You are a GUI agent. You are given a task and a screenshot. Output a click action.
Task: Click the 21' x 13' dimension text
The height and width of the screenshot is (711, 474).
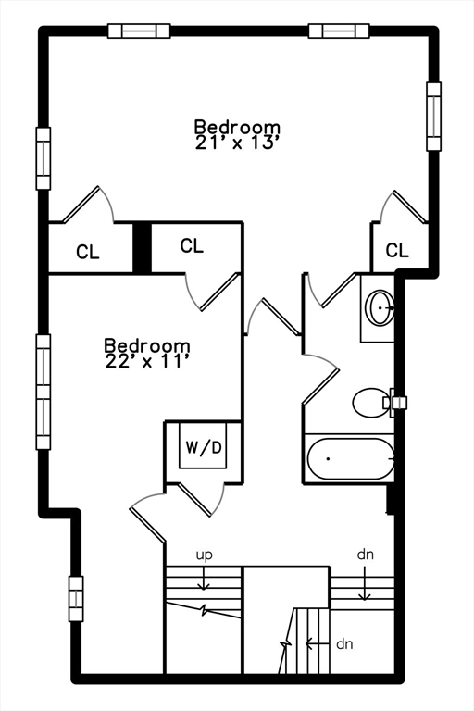click(x=236, y=143)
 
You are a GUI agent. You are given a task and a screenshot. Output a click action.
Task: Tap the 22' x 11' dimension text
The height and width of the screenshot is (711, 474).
click(x=146, y=361)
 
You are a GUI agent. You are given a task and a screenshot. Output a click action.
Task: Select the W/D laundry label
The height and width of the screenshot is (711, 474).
click(x=203, y=447)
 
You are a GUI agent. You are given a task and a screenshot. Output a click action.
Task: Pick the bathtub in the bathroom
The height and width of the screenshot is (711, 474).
click(x=349, y=459)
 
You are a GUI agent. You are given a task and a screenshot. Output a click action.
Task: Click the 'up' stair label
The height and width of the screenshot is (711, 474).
click(x=204, y=555)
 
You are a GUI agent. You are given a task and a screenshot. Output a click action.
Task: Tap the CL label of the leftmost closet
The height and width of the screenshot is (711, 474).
click(x=88, y=252)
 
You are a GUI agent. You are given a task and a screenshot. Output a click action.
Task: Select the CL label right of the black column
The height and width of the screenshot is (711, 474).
click(x=192, y=245)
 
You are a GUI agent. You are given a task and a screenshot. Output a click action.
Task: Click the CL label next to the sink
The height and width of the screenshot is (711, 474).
click(x=397, y=250)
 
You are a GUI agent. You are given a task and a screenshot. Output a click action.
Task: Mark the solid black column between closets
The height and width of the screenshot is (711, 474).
click(x=142, y=248)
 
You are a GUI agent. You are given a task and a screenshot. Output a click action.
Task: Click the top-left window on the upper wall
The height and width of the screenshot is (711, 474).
click(x=139, y=31)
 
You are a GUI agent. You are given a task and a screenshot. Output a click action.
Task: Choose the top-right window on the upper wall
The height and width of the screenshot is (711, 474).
click(x=339, y=31)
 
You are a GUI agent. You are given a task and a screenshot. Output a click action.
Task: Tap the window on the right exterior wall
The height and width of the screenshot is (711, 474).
click(x=433, y=117)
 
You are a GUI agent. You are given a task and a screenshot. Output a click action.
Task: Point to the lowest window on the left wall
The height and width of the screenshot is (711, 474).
click(x=76, y=599)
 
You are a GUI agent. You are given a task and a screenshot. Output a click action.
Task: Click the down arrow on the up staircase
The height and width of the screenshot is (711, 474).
click(x=204, y=579)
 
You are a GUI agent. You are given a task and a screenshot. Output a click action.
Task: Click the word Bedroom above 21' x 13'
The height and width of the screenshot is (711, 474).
click(x=237, y=128)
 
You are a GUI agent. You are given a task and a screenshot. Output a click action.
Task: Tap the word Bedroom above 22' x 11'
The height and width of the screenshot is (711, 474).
click(x=147, y=345)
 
